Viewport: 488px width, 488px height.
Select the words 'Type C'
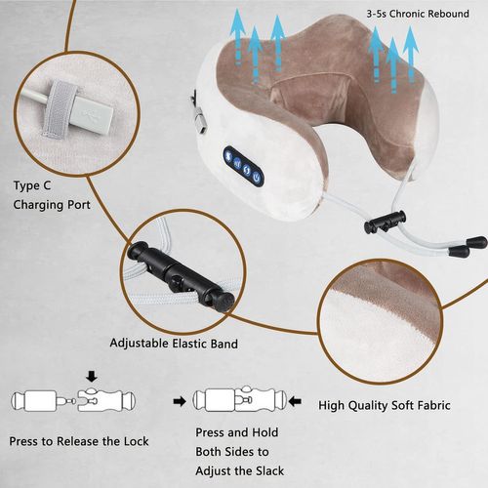[33, 184]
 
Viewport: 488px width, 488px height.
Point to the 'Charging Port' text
[51, 205]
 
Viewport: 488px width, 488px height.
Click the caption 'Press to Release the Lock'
[79, 441]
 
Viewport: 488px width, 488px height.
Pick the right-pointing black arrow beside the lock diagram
[178, 400]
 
